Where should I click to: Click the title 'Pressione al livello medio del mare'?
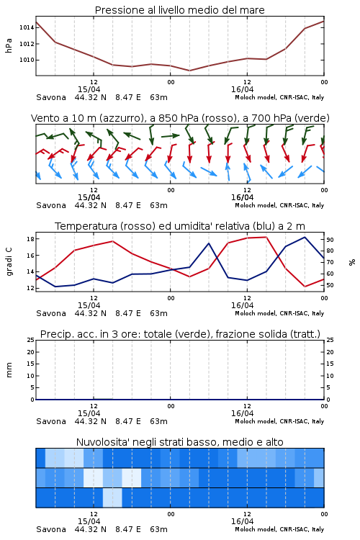coord(179,10)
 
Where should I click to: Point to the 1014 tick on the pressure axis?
coord(27,27)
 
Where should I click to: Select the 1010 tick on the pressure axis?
coord(27,60)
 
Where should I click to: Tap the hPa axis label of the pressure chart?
coord(9,45)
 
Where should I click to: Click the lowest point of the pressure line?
coord(189,71)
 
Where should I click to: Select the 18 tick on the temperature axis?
coord(30,239)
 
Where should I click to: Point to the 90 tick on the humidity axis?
coord(330,240)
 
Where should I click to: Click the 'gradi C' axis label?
coord(9,261)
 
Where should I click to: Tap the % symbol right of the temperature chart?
coord(352,262)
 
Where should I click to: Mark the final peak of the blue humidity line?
coord(305,237)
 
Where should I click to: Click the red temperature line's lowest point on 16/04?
coord(305,287)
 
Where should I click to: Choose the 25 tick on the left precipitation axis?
coord(31,340)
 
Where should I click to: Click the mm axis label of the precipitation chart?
coord(9,370)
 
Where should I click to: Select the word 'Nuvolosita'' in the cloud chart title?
coord(98,442)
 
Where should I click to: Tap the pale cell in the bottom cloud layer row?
coord(112,498)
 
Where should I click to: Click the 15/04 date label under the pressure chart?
coord(89,89)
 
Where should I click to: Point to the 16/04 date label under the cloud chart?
coord(242,521)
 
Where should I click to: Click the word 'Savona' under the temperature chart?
coord(51,313)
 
